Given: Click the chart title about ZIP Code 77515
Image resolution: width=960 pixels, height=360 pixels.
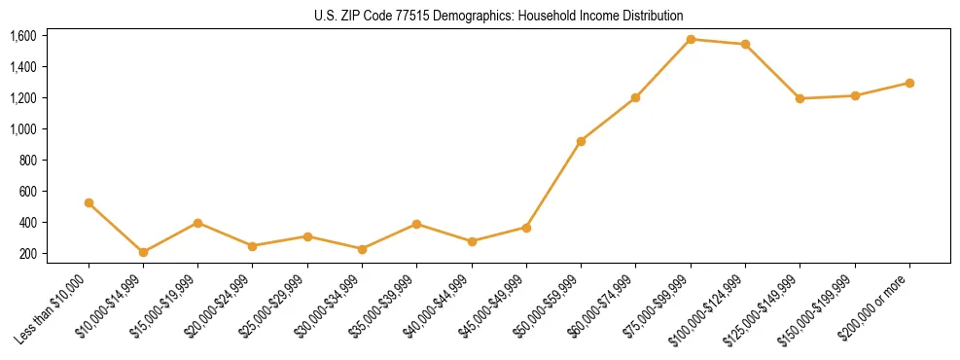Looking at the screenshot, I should click(x=480, y=16).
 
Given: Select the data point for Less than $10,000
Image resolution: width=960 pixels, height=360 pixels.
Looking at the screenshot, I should click(x=89, y=203).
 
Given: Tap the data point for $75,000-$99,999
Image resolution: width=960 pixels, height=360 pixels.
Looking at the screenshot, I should click(x=691, y=39).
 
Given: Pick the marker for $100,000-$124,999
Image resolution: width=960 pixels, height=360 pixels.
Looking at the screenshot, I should click(x=745, y=44).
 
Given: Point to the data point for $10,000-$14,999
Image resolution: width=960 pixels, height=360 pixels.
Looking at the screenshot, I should click(x=143, y=252).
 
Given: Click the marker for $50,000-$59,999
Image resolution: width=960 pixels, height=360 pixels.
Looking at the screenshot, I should click(x=581, y=141).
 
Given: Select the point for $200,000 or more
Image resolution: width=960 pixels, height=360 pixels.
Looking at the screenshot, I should click(x=909, y=83).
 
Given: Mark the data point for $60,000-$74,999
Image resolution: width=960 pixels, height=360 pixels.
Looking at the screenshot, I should click(x=635, y=97).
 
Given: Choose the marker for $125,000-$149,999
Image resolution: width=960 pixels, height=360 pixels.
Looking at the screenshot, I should click(x=800, y=98).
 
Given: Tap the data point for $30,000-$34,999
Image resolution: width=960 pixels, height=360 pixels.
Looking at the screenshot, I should click(x=362, y=249).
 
